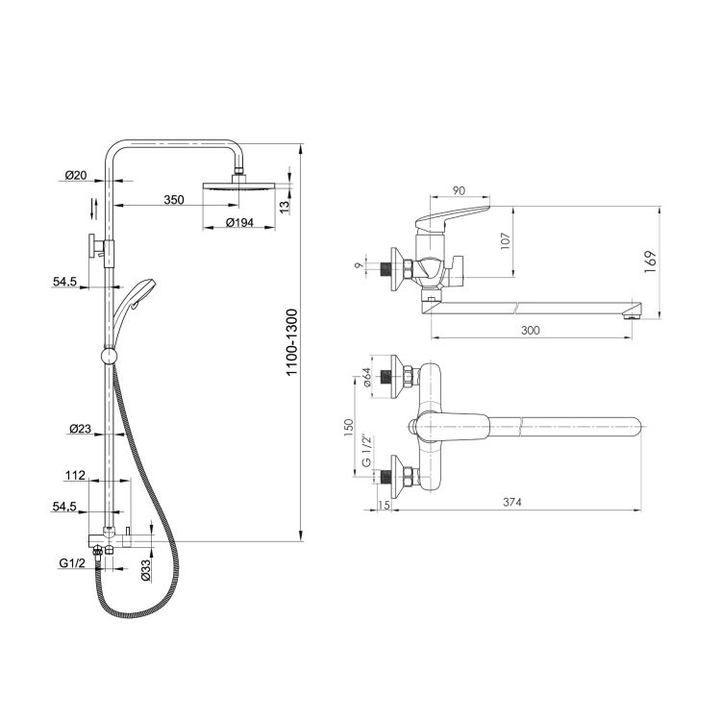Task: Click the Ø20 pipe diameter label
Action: tap(76, 175)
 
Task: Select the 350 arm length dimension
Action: tap(174, 200)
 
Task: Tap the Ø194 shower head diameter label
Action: tap(239, 223)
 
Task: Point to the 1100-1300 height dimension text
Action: tap(292, 342)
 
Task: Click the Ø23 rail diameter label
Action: tap(80, 429)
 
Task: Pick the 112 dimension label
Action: tap(75, 475)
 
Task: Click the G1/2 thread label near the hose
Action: tap(72, 563)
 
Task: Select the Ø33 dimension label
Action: tap(145, 570)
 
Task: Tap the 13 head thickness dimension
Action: tap(285, 208)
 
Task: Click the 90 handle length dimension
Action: tap(459, 190)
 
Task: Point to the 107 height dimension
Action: tap(506, 241)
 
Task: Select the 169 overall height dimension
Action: tap(650, 262)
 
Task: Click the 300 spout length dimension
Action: tap(530, 330)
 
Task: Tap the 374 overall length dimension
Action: tap(511, 502)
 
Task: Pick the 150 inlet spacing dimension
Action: tap(349, 428)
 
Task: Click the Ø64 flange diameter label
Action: tap(367, 377)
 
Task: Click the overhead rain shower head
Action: tap(238, 186)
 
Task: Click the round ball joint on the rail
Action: tap(109, 356)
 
